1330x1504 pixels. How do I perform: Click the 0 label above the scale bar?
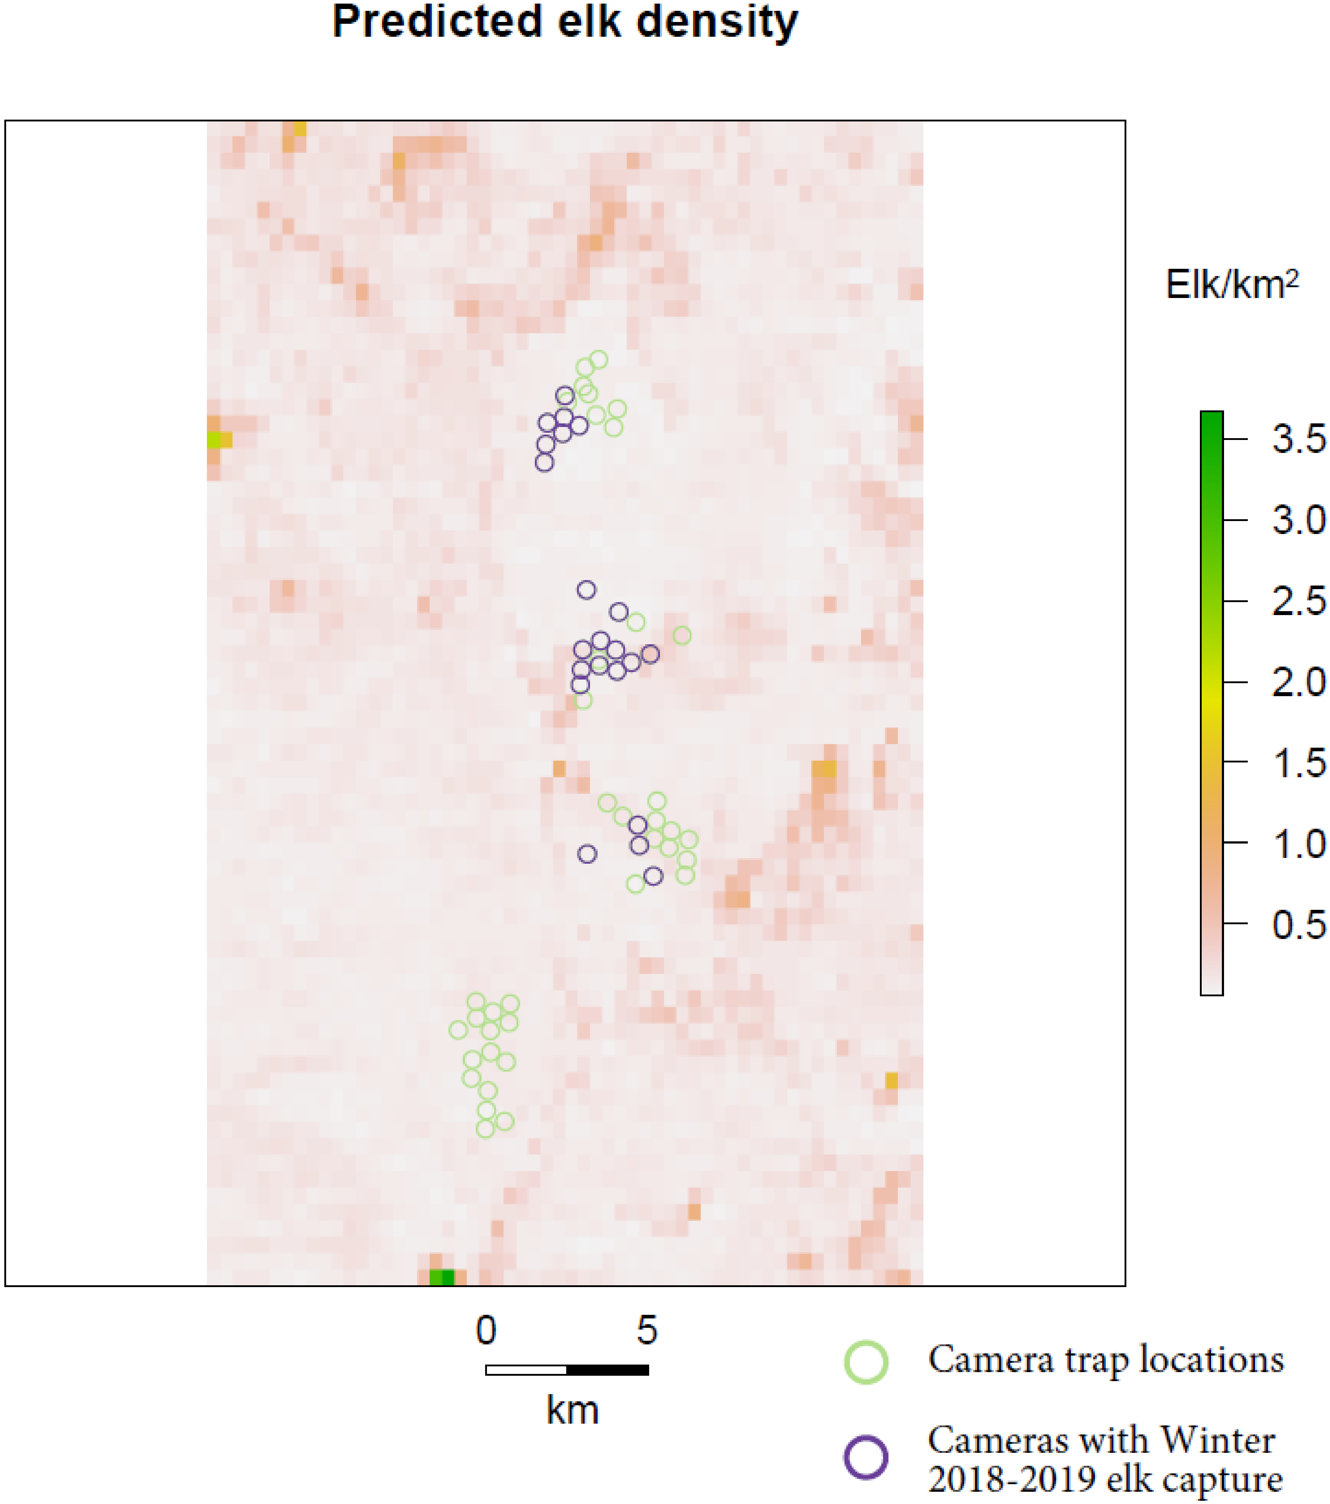coord(486,1330)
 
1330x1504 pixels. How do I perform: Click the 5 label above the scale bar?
coord(646,1330)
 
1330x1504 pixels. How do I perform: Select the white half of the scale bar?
coord(526,1370)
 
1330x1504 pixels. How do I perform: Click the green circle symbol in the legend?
coord(865,1361)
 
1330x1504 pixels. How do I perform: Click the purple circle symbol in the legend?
coord(865,1457)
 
